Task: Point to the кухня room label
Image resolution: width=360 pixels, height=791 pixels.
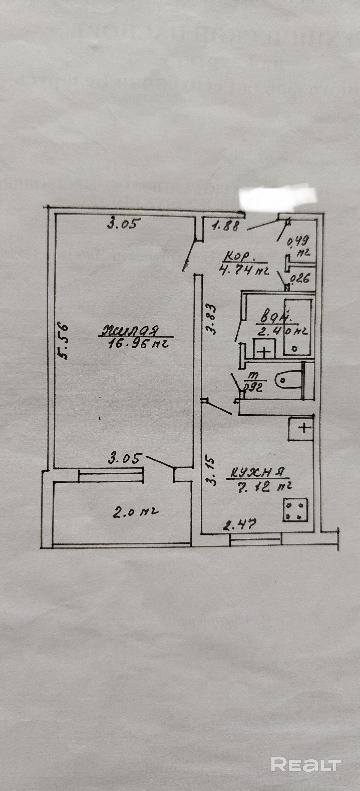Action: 258,472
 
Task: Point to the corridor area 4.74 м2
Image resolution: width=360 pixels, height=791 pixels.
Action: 244,270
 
